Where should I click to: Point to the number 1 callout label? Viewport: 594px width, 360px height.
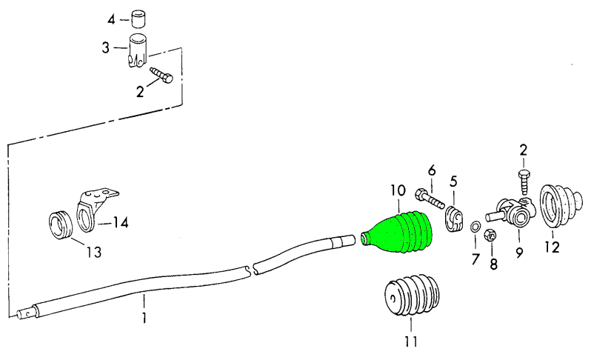pos(144,319)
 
